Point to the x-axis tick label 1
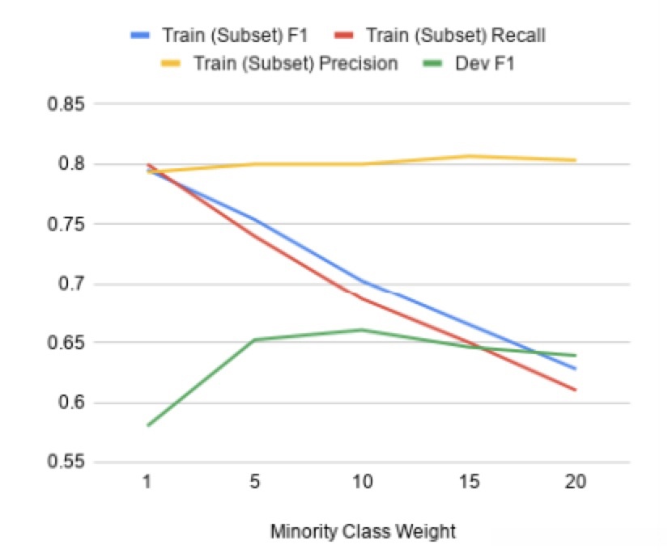[147, 483]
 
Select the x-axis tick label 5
[255, 483]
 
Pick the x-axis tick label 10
[362, 483]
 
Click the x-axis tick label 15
[469, 483]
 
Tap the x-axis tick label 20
[576, 483]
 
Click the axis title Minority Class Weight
[362, 531]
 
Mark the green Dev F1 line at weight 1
[148, 425]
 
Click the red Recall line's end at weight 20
[576, 390]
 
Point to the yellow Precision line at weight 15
[469, 156]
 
